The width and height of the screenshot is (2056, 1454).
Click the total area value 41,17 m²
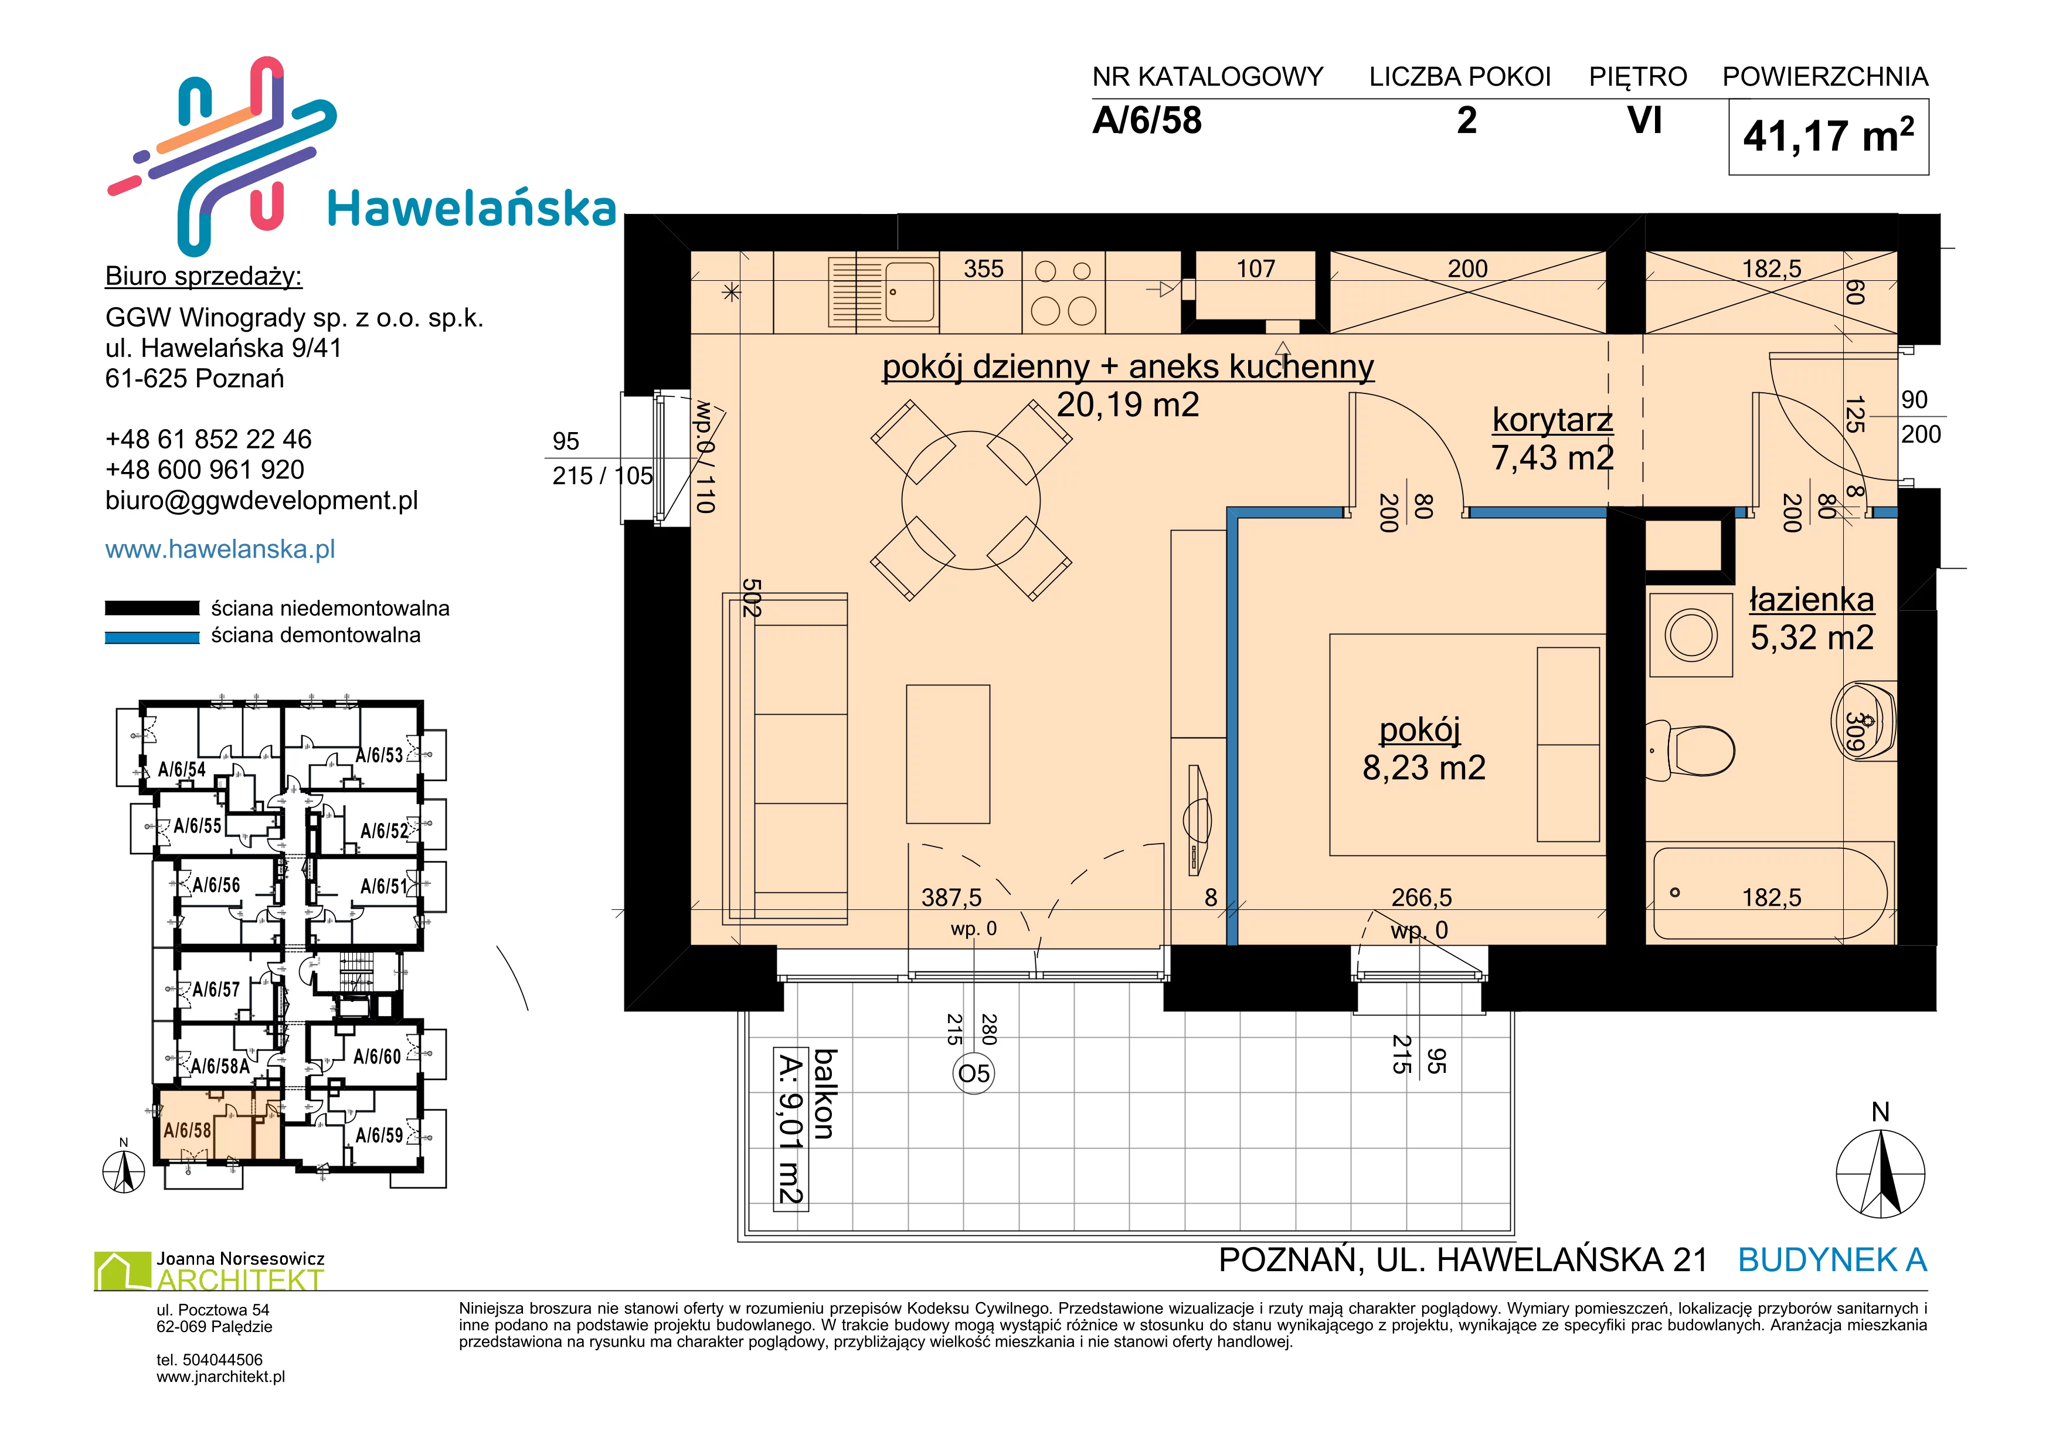point(1828,136)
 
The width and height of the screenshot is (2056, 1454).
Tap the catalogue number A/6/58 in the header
point(1147,120)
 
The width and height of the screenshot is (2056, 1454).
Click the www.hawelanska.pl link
point(220,549)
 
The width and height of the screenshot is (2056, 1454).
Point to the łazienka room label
point(1812,599)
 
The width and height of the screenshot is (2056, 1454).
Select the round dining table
point(971,501)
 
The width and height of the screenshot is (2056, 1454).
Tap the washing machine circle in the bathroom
point(1691,636)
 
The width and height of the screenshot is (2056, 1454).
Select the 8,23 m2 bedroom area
point(1424,767)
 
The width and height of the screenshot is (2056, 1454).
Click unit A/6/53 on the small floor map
point(380,755)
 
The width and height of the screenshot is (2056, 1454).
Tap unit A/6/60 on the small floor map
point(377,1056)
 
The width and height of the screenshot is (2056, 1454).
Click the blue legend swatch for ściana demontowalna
point(152,637)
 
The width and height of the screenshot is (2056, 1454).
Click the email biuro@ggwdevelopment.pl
point(261,501)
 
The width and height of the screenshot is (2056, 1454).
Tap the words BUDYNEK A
point(1832,1260)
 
